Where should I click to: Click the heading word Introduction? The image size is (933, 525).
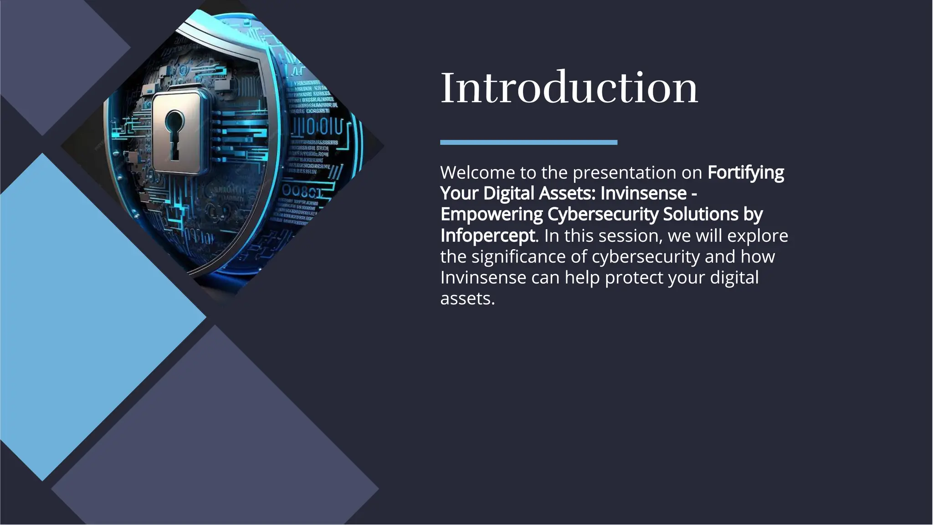tap(569, 87)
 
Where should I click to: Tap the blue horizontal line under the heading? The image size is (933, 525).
tap(528, 142)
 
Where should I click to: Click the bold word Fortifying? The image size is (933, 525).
tap(746, 173)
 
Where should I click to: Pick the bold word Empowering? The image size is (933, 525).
tap(492, 214)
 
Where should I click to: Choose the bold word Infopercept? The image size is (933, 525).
tap(487, 236)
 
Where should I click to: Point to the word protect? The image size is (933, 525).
tap(634, 278)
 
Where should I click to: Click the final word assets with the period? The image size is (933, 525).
tap(467, 299)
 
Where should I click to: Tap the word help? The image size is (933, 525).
tap(582, 278)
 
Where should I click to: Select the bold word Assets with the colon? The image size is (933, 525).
tap(567, 193)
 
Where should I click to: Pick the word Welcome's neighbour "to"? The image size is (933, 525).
tap(528, 173)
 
